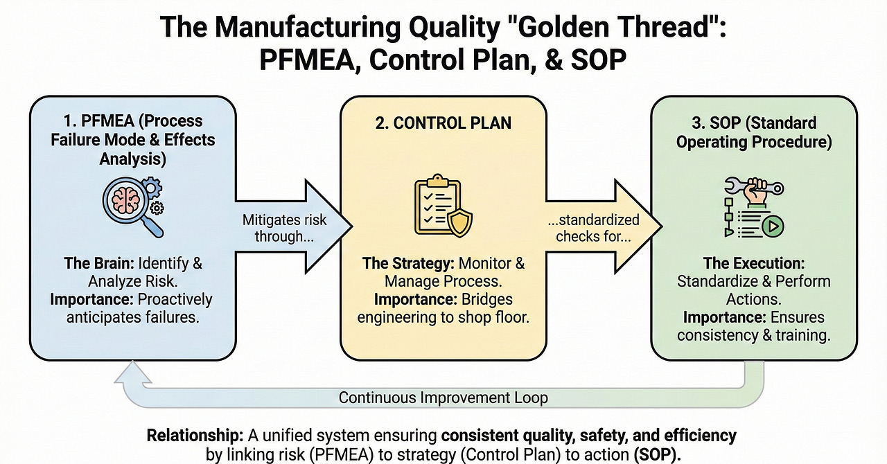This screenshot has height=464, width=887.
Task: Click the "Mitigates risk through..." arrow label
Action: point(285,227)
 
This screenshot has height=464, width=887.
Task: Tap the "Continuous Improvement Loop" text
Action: point(443,398)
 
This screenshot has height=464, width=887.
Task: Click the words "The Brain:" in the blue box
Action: point(101,263)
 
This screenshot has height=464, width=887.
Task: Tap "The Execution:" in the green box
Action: point(754,263)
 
